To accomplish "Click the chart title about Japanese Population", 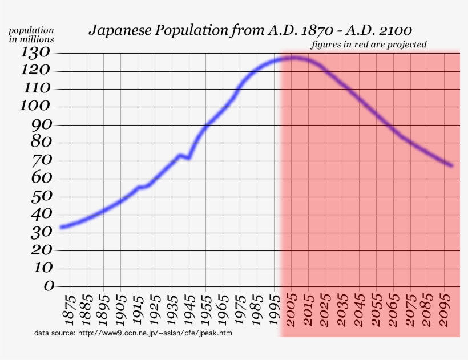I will [250, 30].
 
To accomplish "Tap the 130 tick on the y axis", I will [38, 53].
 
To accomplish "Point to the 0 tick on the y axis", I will [49, 286].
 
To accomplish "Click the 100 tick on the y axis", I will [36, 107].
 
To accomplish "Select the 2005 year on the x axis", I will [292, 310].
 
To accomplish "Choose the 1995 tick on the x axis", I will [275, 310].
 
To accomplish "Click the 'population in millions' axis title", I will [31, 34].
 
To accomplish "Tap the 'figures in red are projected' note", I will [369, 45].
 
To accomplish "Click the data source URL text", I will [133, 333].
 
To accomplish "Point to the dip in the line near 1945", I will [188, 157].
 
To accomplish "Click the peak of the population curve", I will [293, 58].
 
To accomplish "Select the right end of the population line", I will [451, 165].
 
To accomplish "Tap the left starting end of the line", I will [62, 227].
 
